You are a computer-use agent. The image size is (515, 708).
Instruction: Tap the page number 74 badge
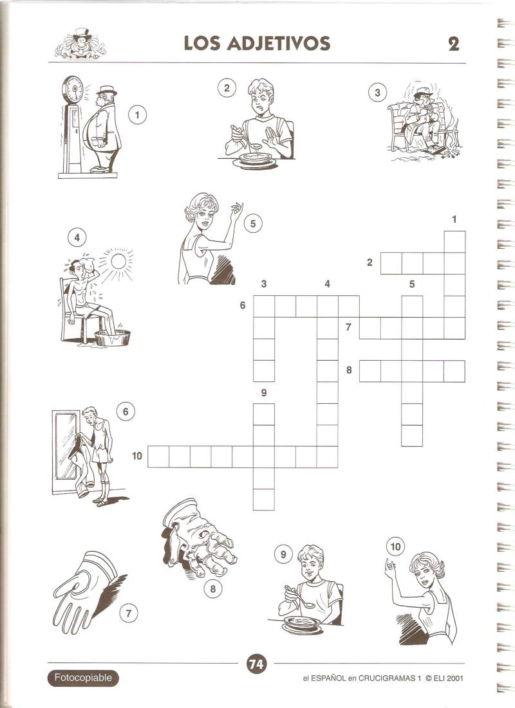click(x=256, y=664)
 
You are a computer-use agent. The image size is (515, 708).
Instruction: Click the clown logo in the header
click(x=80, y=44)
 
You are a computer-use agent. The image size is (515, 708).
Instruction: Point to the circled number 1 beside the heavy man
click(x=138, y=114)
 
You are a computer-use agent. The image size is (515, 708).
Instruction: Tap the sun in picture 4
click(x=118, y=261)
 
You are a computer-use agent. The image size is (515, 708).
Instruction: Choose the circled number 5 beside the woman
click(x=253, y=224)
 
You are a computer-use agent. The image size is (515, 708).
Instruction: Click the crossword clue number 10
click(x=137, y=455)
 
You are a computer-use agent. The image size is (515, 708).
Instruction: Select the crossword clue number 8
click(x=349, y=370)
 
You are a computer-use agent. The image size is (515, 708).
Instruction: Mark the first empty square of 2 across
click(x=391, y=263)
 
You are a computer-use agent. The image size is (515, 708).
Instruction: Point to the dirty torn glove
click(x=199, y=538)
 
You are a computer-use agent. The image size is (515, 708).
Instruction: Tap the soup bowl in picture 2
click(x=256, y=159)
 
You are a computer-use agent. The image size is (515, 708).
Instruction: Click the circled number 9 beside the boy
click(x=283, y=554)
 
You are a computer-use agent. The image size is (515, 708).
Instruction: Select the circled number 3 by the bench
click(x=377, y=93)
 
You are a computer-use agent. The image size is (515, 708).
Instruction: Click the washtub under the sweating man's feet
click(x=112, y=338)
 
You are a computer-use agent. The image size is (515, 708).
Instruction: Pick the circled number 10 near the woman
click(x=396, y=547)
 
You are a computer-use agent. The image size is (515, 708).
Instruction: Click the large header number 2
click(x=453, y=44)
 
